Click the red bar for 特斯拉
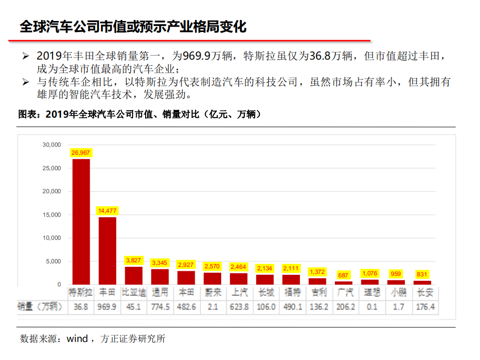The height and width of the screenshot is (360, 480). pos(81,222)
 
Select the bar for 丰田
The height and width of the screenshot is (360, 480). pos(107,251)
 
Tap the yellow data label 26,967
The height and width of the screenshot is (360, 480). pos(81,152)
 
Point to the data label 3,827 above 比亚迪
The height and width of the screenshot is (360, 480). pos(134,260)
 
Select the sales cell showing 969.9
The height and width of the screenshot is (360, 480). pos(107,306)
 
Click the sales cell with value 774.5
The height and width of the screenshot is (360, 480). pos(160,306)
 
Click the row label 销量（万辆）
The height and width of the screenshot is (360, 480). pos(41,306)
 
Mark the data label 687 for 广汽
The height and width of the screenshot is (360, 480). pos(343,275)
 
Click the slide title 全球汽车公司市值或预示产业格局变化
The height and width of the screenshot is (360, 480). pos(133,26)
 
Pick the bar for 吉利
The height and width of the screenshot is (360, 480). pos(317,281)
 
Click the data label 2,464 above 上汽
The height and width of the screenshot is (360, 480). pos(239,267)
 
